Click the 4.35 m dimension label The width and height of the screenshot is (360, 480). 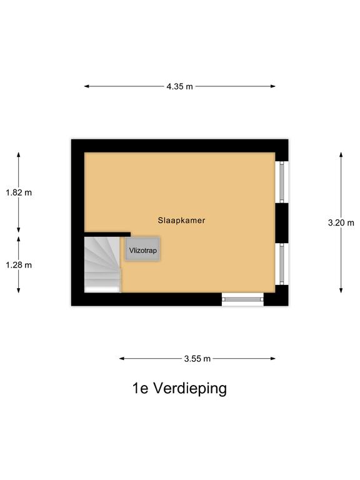(180, 87)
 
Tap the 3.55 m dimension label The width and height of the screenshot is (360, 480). (197, 359)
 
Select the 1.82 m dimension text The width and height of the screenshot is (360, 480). (19, 192)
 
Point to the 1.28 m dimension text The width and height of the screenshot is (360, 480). (19, 265)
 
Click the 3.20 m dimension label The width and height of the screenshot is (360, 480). (341, 223)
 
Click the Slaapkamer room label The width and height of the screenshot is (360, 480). (181, 221)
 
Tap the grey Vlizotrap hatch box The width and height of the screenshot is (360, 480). (142, 249)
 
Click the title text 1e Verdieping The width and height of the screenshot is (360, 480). (180, 389)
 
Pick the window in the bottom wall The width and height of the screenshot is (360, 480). (242, 299)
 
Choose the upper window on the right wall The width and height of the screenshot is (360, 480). (282, 182)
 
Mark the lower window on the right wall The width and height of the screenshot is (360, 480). (282, 264)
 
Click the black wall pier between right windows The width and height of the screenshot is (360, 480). (282, 223)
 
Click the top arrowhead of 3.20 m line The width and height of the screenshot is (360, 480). (341, 154)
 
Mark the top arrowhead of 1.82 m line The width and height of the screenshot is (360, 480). (18, 154)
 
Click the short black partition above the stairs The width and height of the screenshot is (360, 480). (107, 234)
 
